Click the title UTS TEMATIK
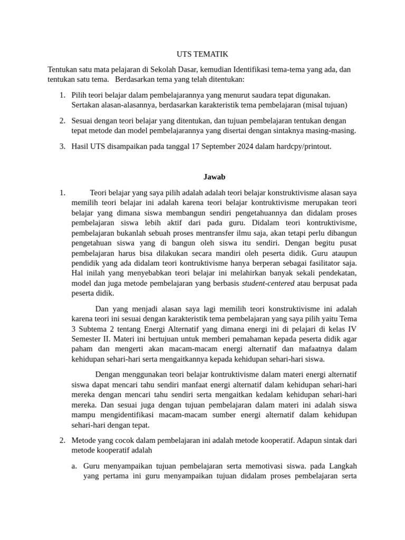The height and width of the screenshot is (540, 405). point(202,54)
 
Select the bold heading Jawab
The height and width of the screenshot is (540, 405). point(214,177)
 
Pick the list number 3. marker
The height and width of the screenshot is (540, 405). point(62,146)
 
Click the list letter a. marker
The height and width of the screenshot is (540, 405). point(74,466)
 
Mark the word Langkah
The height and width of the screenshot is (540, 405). point(343,466)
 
